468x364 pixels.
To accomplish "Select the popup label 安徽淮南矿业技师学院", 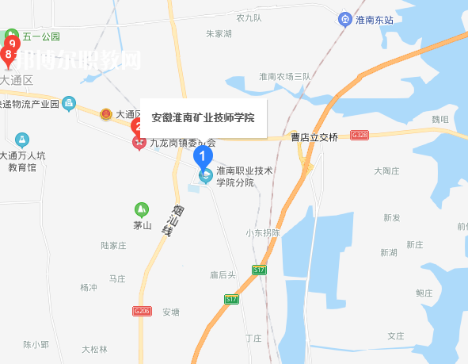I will (203, 117).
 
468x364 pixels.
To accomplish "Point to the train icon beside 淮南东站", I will (344, 19).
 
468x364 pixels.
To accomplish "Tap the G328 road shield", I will (360, 136).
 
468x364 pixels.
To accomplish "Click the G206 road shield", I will (143, 311).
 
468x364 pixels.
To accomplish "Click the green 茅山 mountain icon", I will (142, 209).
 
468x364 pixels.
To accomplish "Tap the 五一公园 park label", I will (41, 36).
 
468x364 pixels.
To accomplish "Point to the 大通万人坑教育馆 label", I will (23, 161).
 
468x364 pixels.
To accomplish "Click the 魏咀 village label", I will (439, 119).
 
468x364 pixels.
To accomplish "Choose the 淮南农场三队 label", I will (284, 76).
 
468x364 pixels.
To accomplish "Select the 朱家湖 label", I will (219, 34).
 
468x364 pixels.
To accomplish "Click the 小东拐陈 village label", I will (263, 232).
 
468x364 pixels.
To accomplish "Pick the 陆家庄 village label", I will (114, 246).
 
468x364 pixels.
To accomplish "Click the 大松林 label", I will (94, 349).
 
